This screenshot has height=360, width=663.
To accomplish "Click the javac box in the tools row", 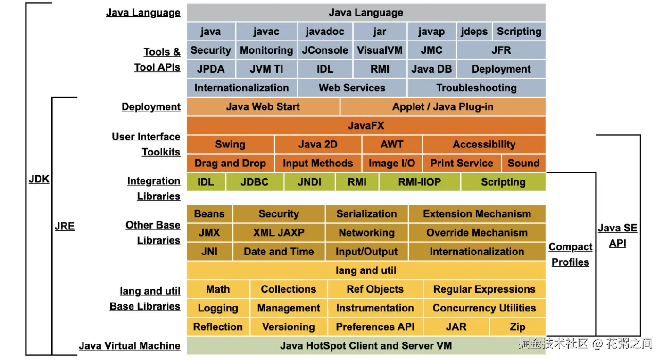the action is tap(266, 32).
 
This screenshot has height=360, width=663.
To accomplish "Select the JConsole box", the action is tap(325, 50).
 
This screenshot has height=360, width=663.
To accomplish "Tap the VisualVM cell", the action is tap(380, 50).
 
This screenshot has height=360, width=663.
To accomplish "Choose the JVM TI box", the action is tap(266, 69).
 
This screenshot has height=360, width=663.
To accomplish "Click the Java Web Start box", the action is tap(263, 107).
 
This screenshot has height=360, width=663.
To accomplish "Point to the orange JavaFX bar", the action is tap(366, 126).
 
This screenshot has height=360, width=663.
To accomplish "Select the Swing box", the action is tap(230, 144).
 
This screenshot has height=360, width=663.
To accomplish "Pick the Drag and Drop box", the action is tap(230, 164).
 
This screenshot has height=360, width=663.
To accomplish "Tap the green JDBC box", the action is tap(255, 182).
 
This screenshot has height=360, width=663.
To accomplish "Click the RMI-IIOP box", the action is tap(420, 182).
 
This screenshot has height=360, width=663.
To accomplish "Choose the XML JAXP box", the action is tap(279, 232).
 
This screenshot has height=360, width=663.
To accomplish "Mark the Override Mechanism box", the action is tap(477, 232).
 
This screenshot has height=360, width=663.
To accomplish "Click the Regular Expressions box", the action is tap(485, 289).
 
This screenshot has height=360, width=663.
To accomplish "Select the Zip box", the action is tap(518, 327).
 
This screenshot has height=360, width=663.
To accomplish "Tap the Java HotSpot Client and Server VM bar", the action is tap(366, 345).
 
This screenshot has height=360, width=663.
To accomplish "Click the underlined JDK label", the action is tap(39, 179).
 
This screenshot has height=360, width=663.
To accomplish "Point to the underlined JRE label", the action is tap(65, 226).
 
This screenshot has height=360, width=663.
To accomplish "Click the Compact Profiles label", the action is tap(571, 254).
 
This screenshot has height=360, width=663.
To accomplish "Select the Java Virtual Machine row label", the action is tap(130, 346).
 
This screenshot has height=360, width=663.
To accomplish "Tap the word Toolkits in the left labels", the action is tap(161, 152).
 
